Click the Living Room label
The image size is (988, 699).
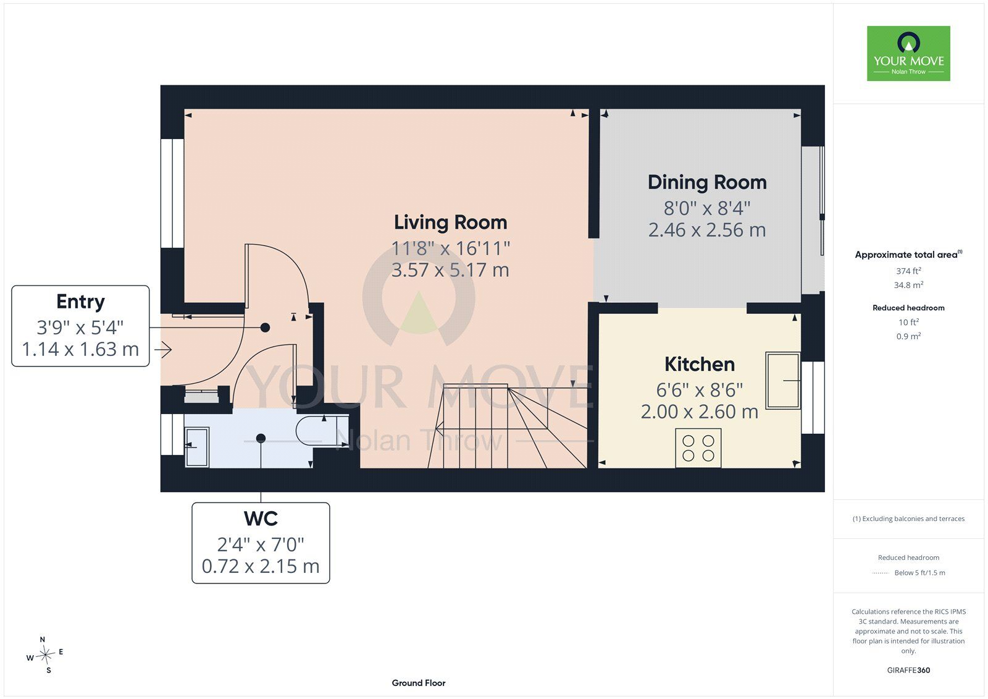(450, 222)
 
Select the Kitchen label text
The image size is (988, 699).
(700, 364)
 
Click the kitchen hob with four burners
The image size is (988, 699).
(698, 447)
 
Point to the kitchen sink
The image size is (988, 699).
(783, 380)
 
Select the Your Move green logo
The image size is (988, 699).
(908, 53)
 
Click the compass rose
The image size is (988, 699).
(45, 655)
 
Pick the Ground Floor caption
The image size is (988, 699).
(419, 683)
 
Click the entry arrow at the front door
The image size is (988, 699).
(163, 350)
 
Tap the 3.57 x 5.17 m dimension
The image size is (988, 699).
(450, 270)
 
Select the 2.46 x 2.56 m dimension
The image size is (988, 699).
(707, 230)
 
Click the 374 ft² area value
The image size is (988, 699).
(908, 271)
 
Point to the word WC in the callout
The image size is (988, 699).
(261, 519)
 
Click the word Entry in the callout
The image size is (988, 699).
(80, 302)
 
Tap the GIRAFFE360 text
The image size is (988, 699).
(908, 670)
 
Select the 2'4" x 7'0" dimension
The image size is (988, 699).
(261, 544)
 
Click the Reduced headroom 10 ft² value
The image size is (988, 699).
(908, 322)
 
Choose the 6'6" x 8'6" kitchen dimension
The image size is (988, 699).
(700, 390)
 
